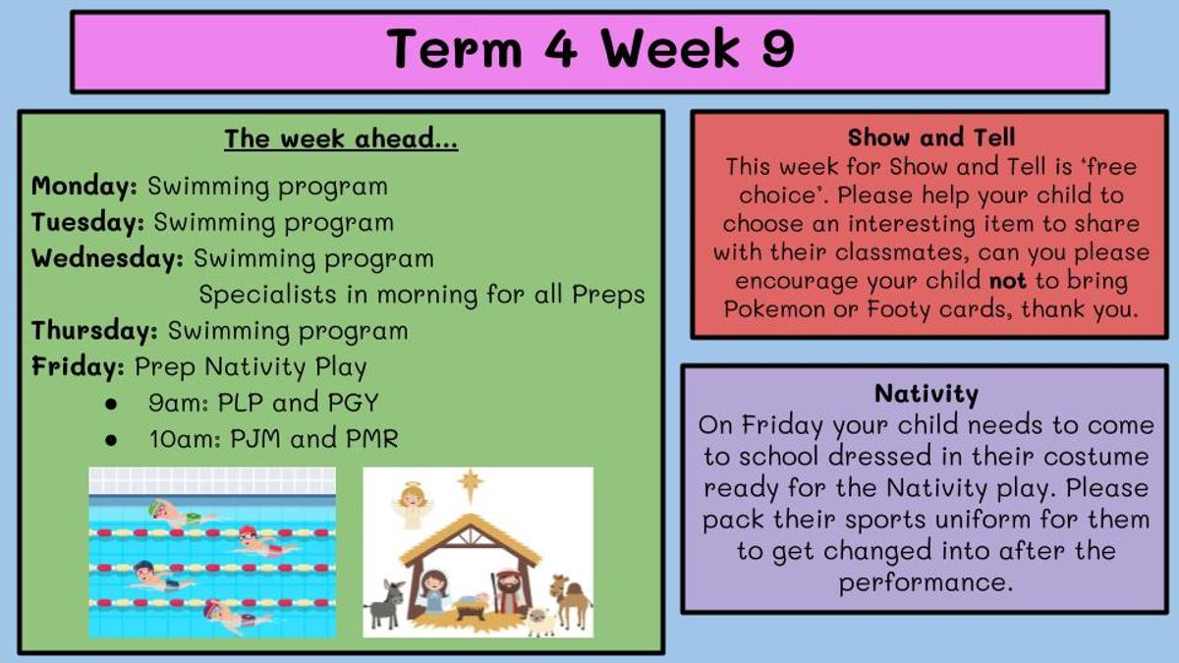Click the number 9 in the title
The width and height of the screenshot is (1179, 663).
(x=777, y=48)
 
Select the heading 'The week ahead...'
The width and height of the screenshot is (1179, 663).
(x=341, y=138)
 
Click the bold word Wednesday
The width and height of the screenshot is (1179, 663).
(x=107, y=258)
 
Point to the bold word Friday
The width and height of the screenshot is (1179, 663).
(x=78, y=366)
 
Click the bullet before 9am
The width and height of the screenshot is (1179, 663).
(x=111, y=404)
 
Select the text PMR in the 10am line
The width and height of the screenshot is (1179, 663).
(x=372, y=439)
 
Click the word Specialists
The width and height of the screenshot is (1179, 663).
(x=267, y=294)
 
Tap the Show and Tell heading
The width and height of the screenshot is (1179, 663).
(x=931, y=138)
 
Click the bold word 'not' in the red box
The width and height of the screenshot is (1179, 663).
(x=1007, y=281)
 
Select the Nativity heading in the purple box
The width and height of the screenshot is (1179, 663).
(x=926, y=394)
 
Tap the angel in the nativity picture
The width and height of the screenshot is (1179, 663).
(x=413, y=506)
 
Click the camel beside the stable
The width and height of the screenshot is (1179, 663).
(x=570, y=601)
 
